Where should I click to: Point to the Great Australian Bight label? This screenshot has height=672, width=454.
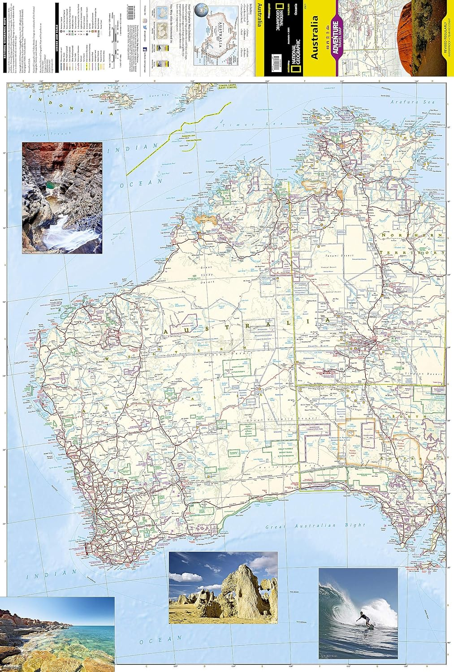tap(316, 526)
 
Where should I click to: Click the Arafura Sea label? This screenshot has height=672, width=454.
tap(415, 102)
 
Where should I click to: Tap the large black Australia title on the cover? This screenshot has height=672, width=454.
tap(315, 38)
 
